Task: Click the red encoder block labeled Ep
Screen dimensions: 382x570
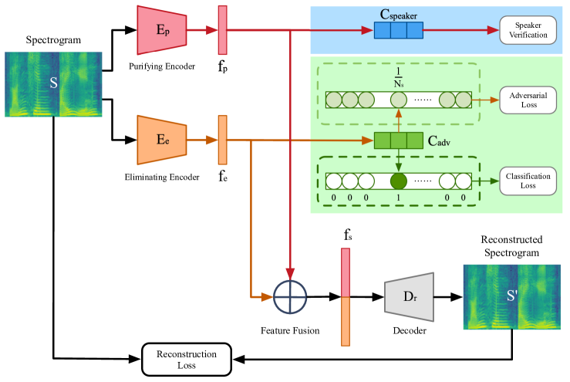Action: click(161, 30)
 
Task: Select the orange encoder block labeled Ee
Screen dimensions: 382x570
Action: click(161, 140)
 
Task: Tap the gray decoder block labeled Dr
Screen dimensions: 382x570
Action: click(409, 296)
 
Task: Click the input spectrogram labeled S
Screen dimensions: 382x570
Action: click(53, 83)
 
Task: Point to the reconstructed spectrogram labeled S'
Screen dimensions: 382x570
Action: click(511, 296)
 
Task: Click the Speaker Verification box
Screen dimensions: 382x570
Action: click(527, 31)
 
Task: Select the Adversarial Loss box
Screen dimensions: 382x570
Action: click(528, 100)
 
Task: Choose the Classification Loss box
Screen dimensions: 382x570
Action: click(528, 181)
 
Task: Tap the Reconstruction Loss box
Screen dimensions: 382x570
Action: click(187, 360)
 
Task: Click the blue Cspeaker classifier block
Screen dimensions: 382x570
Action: click(399, 31)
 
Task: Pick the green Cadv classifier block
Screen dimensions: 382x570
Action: click(398, 140)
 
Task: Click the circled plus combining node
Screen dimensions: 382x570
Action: click(290, 297)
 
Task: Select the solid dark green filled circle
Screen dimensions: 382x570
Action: click(398, 181)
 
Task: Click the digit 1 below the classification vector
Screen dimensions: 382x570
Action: click(398, 198)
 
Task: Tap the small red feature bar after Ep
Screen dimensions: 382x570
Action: click(222, 30)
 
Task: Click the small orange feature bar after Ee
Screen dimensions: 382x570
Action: click(222, 140)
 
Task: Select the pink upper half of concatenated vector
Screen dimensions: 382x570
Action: click(346, 272)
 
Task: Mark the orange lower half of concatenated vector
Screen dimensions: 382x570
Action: click(346, 321)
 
